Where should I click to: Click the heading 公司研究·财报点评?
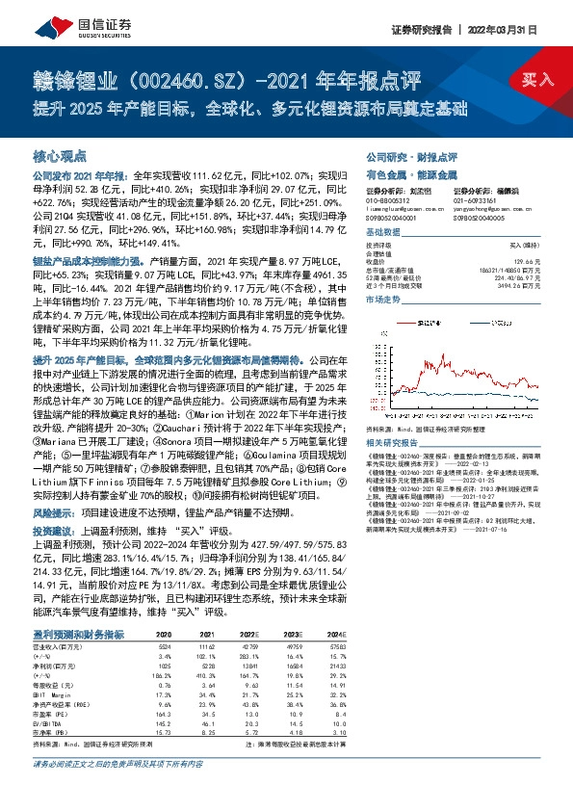[411, 155]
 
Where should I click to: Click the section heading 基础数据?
[385, 232]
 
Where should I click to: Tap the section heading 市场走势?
[385, 300]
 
